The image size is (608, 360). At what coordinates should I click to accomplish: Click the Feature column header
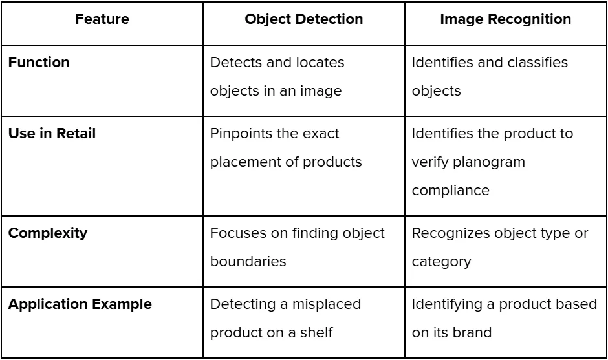pos(102,19)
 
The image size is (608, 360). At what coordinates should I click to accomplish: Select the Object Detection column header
pos(303,19)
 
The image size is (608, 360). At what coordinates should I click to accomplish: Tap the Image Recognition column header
pos(505,19)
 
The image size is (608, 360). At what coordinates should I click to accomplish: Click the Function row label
pos(39,63)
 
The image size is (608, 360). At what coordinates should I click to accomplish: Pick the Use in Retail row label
pos(52,134)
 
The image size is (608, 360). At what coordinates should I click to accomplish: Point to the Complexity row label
pos(48,233)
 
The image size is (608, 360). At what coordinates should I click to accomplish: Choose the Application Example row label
pos(80,304)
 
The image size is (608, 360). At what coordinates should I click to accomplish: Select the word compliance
pos(451,191)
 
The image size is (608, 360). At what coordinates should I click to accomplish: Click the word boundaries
pos(248,262)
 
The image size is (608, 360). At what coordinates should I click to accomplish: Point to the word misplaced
pos(327,304)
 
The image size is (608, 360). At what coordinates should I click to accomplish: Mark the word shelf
pos(316,332)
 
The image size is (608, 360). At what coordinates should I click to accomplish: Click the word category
pos(441,262)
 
